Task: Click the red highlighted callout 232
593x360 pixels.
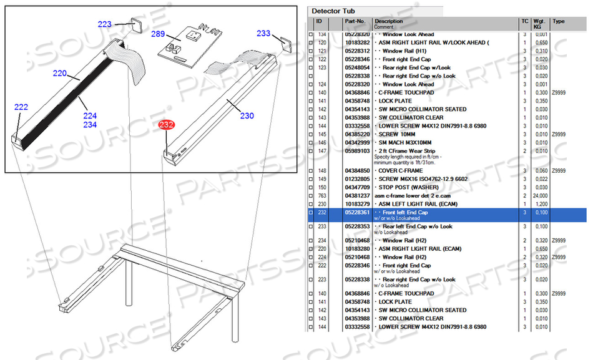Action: [166, 125]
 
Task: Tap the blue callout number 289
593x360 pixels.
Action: [158, 35]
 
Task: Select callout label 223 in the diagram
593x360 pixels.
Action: [104, 24]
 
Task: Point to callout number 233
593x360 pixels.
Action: [263, 34]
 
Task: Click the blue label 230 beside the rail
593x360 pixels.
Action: [247, 115]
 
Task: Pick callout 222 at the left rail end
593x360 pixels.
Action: [21, 107]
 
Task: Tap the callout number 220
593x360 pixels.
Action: [59, 74]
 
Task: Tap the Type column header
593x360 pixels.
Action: [559, 21]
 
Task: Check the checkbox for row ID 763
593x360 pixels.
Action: [311, 196]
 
